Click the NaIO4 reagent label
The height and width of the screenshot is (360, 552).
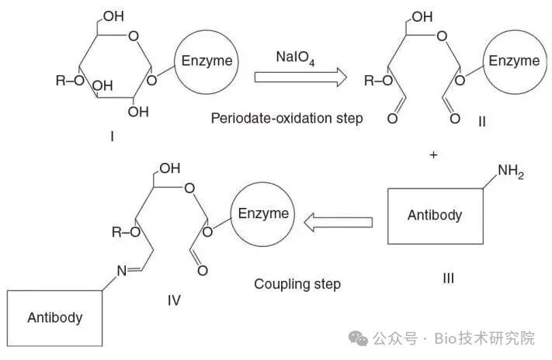[x=295, y=57]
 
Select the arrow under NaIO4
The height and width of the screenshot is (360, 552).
[x=300, y=77]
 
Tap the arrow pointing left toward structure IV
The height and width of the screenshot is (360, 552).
[x=338, y=223]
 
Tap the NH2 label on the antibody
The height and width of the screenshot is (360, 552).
[x=511, y=171]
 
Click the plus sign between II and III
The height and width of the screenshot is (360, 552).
[x=433, y=155]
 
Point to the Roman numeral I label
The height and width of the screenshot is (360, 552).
[x=112, y=137]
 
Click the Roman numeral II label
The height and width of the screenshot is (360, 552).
[x=482, y=122]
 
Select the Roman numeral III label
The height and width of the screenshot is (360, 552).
[x=448, y=279]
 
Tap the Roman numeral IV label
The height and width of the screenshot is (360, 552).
[x=174, y=300]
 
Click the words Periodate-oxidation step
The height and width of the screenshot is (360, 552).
[x=286, y=118]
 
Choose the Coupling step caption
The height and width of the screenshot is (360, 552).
[x=297, y=284]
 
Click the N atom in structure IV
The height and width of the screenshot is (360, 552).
[x=122, y=271]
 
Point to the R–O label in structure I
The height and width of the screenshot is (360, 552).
[x=70, y=81]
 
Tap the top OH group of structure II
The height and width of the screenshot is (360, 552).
[x=422, y=16]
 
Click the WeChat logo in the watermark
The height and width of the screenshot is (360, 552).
[x=358, y=338]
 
